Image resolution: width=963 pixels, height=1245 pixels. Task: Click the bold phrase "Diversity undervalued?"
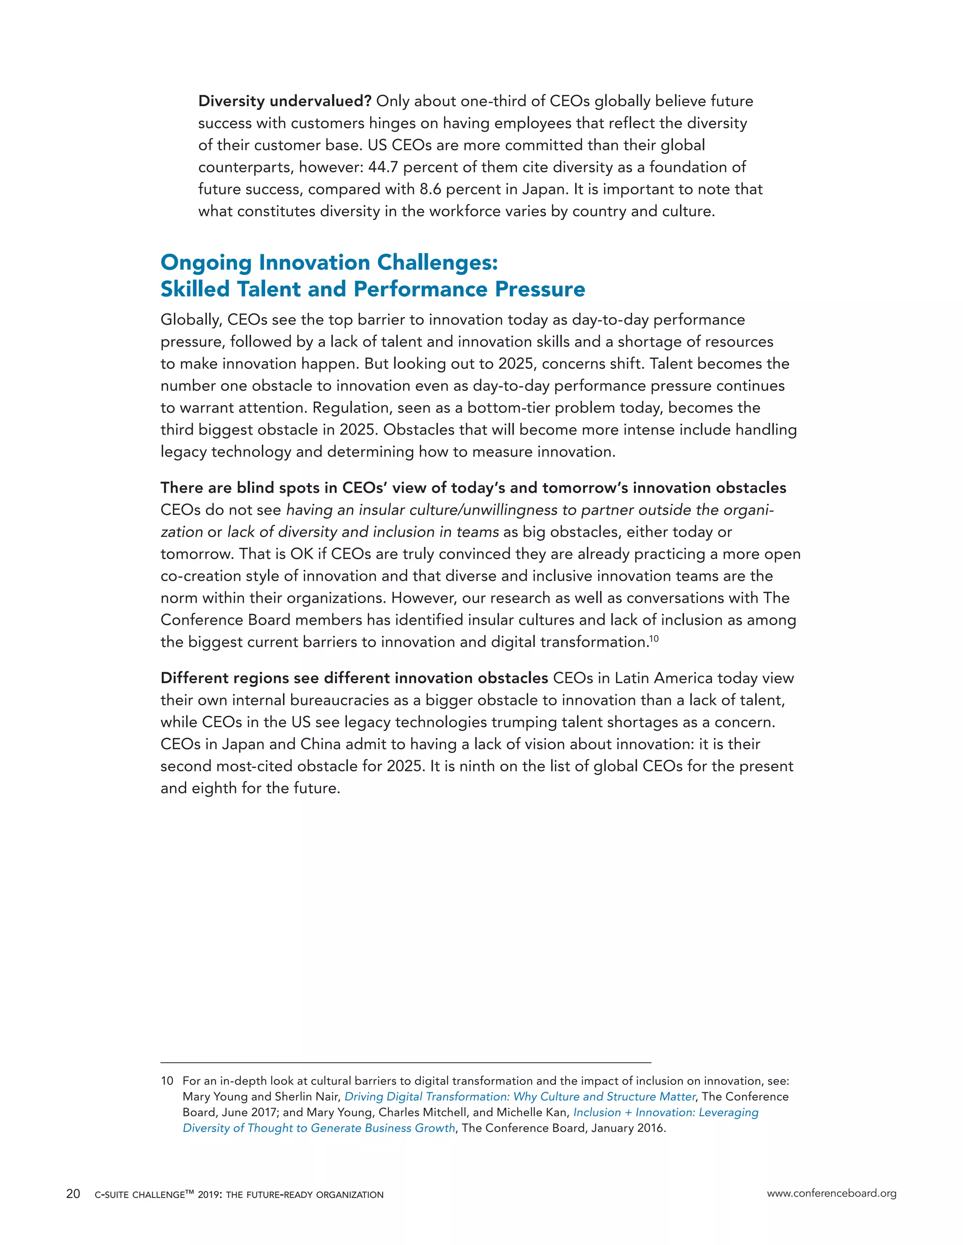pyautogui.click(x=284, y=101)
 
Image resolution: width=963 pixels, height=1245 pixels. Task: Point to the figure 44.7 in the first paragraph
pyautogui.click(x=382, y=168)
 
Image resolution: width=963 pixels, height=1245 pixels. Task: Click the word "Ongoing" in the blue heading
pyautogui.click(x=206, y=263)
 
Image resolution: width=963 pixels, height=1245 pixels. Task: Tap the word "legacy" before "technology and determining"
pyautogui.click(x=183, y=452)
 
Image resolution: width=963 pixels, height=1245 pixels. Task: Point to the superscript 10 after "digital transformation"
pyautogui.click(x=654, y=638)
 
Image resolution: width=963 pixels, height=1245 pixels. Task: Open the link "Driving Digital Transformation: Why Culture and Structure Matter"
pyautogui.click(x=520, y=1097)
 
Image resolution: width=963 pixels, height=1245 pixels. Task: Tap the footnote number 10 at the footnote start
pyautogui.click(x=166, y=1082)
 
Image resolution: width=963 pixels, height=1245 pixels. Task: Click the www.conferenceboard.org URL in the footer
pyautogui.click(x=831, y=1194)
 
